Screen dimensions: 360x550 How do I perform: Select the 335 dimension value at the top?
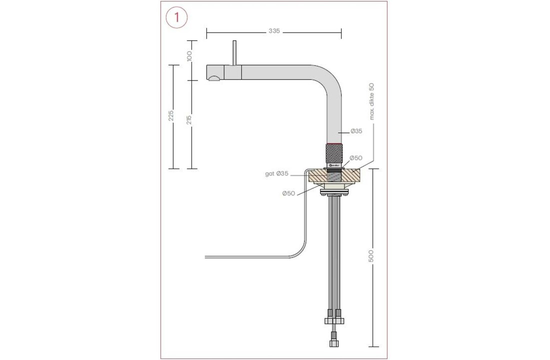(274, 31)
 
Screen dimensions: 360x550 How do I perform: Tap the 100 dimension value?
(189, 56)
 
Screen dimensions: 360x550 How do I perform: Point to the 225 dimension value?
(171, 116)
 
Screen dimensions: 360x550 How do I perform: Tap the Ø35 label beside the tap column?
(356, 131)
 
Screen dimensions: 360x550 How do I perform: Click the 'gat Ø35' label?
(276, 174)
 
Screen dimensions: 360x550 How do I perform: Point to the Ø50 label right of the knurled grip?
(355, 158)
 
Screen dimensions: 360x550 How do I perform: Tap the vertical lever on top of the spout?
(233, 52)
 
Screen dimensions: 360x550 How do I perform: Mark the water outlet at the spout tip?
(214, 77)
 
